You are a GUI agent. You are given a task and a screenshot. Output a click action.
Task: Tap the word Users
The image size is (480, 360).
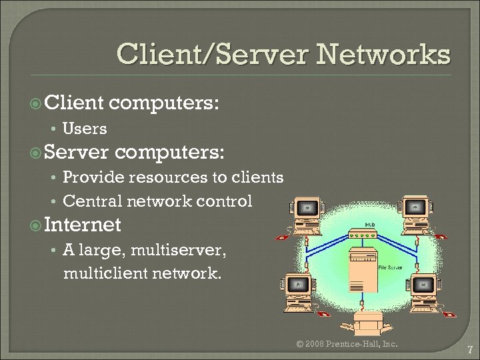(84, 129)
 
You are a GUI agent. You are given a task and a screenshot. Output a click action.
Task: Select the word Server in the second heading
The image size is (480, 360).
(76, 153)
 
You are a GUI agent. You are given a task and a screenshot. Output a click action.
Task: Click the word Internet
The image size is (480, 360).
(83, 225)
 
